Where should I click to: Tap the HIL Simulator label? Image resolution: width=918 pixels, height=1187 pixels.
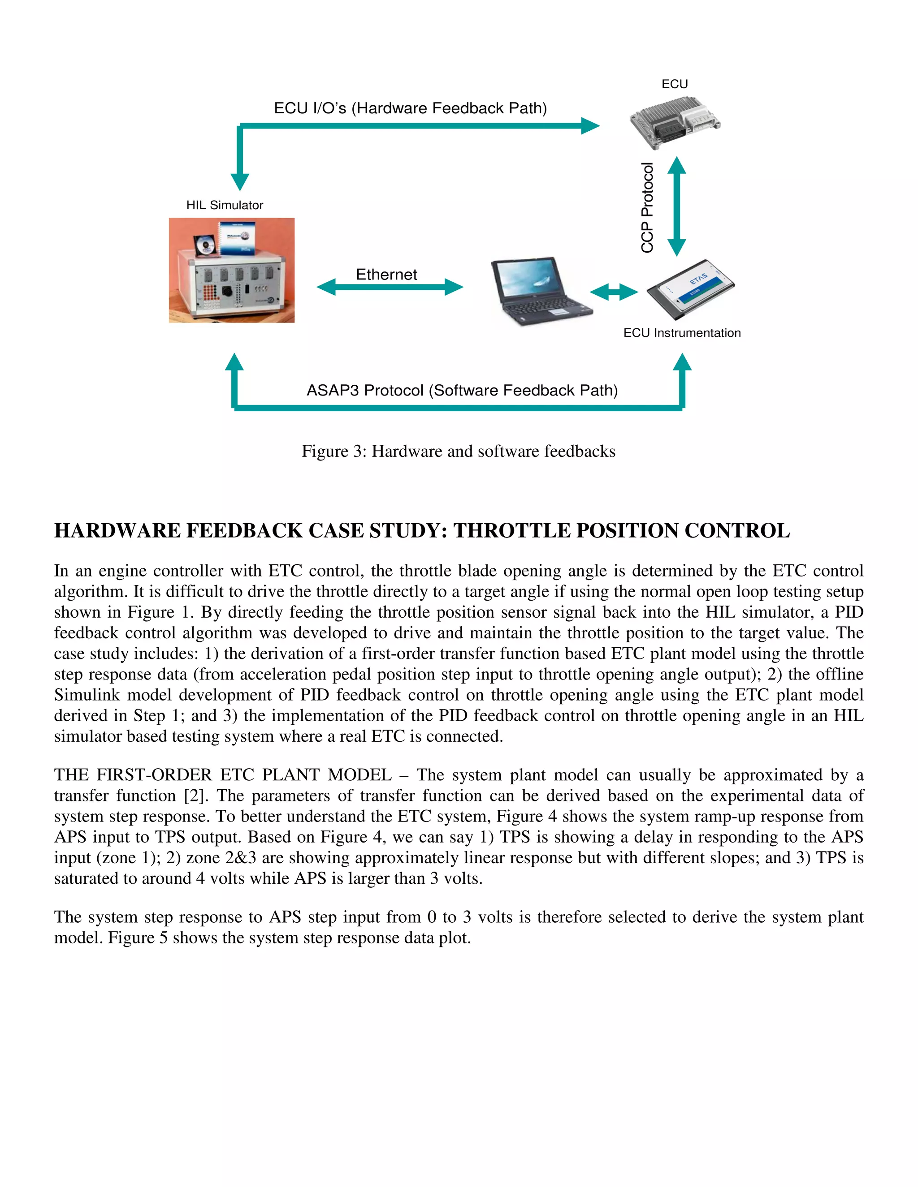[225, 205]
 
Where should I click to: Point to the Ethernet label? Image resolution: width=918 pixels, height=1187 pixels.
[386, 275]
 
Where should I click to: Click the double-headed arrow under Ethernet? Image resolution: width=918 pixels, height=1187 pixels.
[390, 287]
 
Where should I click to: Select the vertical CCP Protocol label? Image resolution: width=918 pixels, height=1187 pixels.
[647, 208]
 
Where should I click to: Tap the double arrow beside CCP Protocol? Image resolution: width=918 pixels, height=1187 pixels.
[676, 206]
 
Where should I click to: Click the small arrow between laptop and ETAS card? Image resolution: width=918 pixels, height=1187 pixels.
[614, 292]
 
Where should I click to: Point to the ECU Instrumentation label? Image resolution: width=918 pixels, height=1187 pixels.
[682, 333]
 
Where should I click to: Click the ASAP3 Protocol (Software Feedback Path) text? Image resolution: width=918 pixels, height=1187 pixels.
[462, 390]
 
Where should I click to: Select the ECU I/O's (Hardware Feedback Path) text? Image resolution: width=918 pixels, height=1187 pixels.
[410, 108]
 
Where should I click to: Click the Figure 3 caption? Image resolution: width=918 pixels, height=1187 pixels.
[459, 451]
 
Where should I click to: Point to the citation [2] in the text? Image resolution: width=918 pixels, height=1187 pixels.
[193, 796]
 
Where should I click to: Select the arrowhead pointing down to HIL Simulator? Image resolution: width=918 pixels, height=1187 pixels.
[239, 181]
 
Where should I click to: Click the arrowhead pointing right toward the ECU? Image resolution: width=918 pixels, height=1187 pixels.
[589, 125]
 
